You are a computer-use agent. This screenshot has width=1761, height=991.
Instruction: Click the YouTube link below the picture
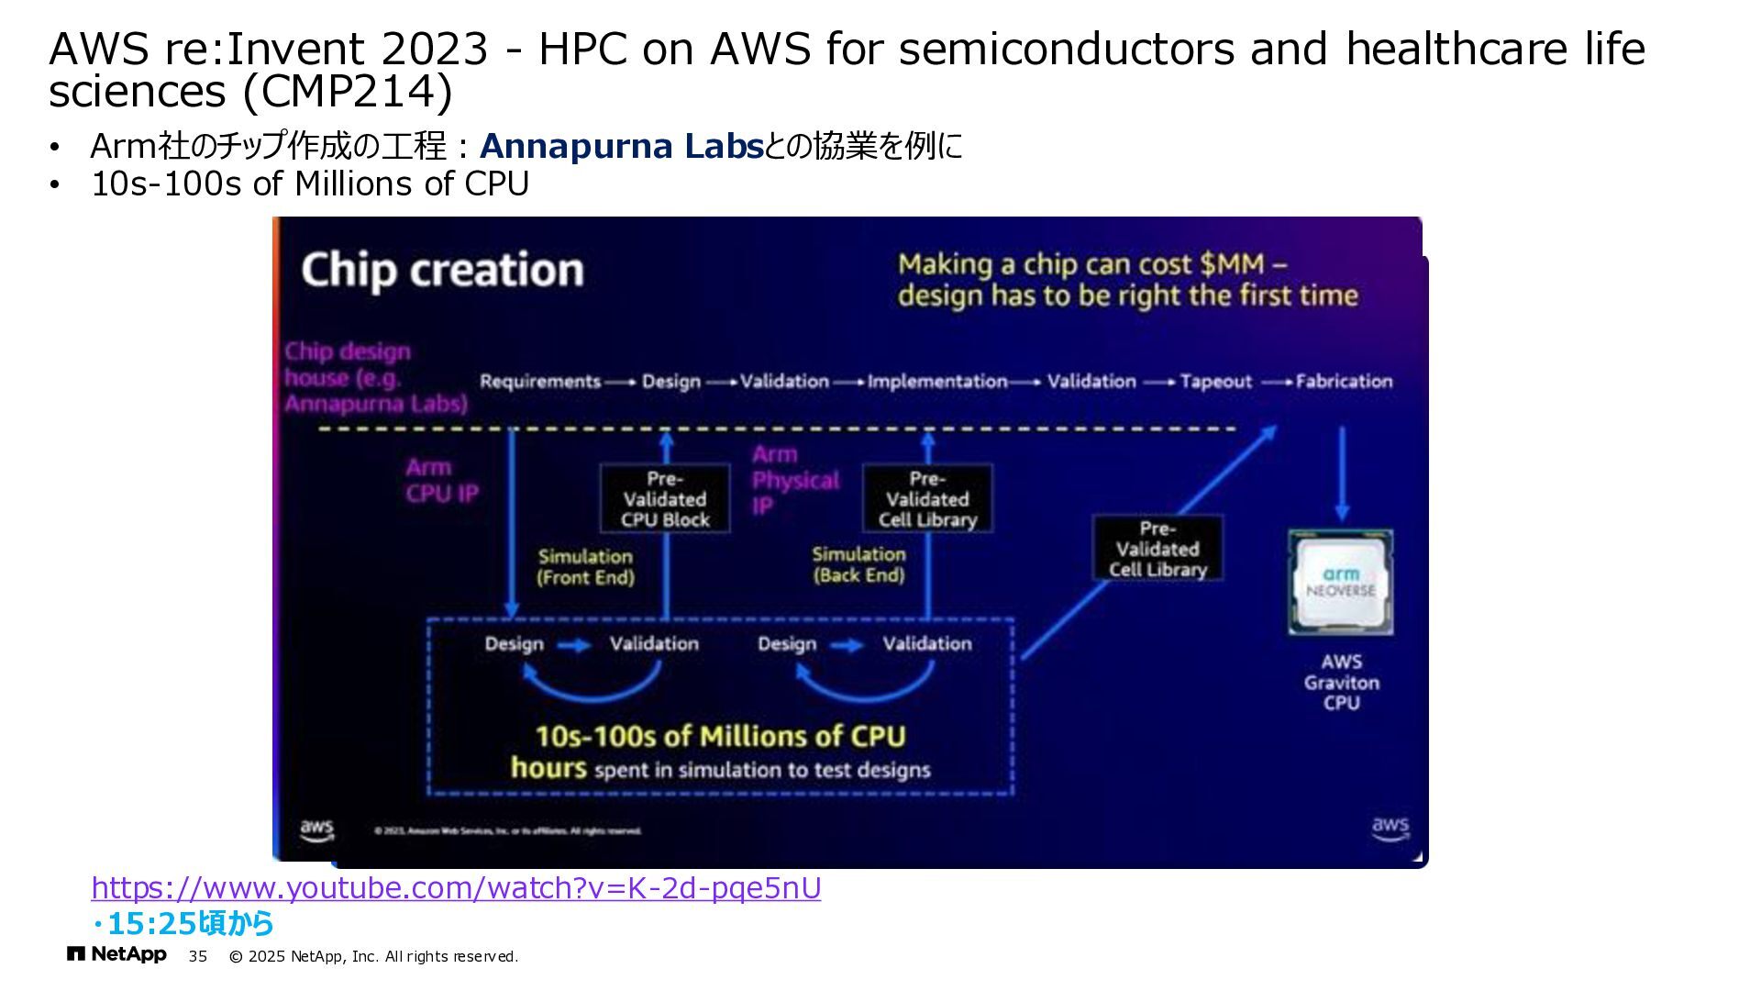click(x=456, y=888)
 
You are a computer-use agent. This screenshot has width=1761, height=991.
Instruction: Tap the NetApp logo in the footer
click(x=116, y=955)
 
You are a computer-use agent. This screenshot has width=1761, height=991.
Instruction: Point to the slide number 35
click(x=198, y=956)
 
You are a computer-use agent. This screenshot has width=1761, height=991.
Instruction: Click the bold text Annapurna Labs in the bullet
click(x=621, y=146)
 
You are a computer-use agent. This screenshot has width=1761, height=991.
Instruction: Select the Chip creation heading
click(x=442, y=270)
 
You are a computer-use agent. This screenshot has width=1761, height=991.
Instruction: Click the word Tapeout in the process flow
click(x=1215, y=382)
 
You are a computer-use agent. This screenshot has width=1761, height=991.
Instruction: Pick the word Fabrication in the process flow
click(x=1344, y=382)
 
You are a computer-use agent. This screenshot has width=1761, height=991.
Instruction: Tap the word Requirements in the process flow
click(x=540, y=382)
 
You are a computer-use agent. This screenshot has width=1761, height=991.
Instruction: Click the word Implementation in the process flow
click(x=937, y=382)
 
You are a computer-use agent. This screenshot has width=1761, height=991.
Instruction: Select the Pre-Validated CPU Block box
click(x=665, y=499)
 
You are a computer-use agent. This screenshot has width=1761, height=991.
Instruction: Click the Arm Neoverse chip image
click(x=1341, y=583)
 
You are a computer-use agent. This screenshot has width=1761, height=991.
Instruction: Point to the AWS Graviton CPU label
click(x=1341, y=682)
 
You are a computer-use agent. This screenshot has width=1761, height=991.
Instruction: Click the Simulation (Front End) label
click(x=585, y=567)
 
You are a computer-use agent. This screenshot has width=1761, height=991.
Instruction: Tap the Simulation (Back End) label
click(x=858, y=565)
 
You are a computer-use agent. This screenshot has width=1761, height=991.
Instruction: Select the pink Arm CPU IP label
click(x=442, y=480)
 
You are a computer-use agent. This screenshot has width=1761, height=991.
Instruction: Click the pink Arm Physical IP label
click(x=794, y=480)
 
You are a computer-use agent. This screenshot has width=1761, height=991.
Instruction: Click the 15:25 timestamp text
click(x=190, y=923)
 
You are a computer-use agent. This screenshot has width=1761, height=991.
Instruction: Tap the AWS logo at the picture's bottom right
click(x=1390, y=828)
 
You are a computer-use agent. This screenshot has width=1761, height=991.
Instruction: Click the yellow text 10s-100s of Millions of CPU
click(x=720, y=736)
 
